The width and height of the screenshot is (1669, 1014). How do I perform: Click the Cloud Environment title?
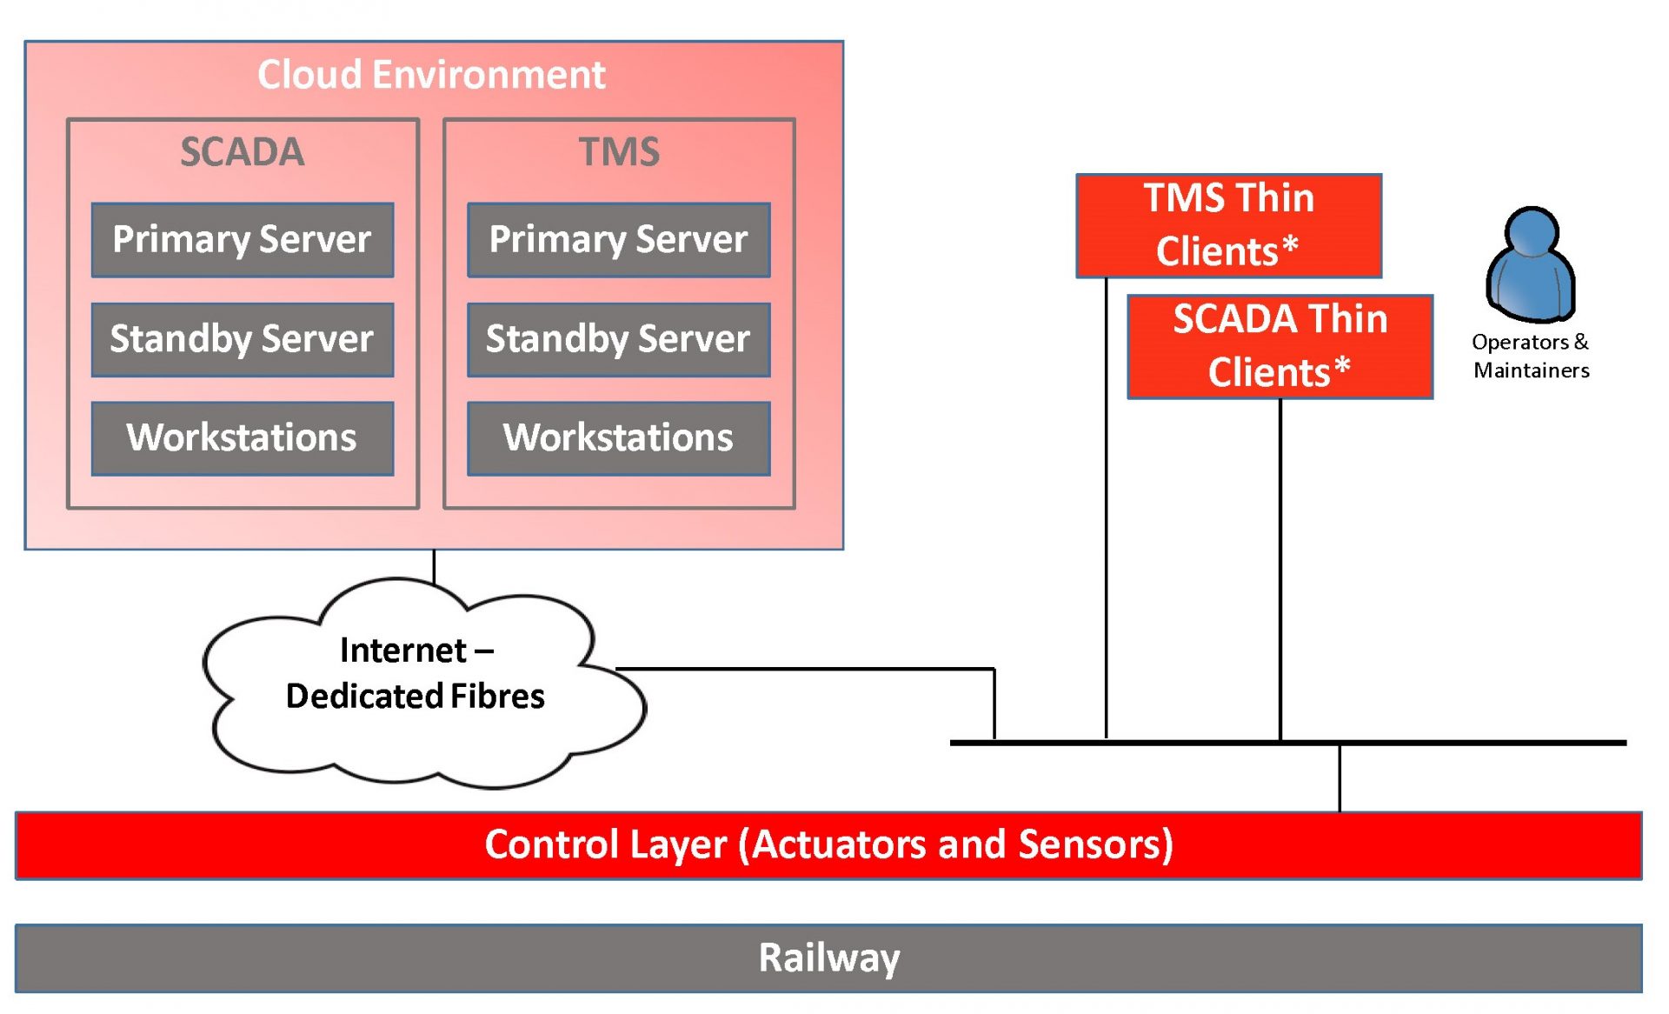point(431,75)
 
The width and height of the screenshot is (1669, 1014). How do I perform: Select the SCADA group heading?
point(243,152)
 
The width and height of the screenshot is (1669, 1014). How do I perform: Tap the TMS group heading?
point(619,152)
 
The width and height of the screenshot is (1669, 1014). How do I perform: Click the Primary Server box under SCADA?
point(243,240)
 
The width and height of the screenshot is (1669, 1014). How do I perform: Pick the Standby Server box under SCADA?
point(243,339)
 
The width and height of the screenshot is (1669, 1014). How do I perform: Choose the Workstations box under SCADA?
point(243,438)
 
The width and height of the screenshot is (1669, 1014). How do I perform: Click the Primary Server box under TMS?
point(619,240)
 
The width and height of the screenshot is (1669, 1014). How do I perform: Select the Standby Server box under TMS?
point(619,339)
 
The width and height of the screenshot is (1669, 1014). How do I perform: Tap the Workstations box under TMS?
point(619,438)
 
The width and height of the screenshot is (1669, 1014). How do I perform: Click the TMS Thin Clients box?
point(1229,226)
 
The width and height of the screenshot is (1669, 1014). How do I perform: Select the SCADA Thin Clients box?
point(1280,347)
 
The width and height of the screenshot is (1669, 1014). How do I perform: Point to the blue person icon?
point(1531,264)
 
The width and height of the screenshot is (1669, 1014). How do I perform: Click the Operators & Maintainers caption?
point(1531,356)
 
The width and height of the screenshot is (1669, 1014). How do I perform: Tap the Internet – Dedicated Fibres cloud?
point(424,684)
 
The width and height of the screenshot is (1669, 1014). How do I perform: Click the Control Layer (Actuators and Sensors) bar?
point(828,845)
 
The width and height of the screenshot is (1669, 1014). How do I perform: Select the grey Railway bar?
point(828,958)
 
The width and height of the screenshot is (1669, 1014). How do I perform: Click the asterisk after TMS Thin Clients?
point(1290,245)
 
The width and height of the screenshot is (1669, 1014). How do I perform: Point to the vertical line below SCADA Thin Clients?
point(1280,570)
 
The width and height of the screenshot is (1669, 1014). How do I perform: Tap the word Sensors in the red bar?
point(1096,844)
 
